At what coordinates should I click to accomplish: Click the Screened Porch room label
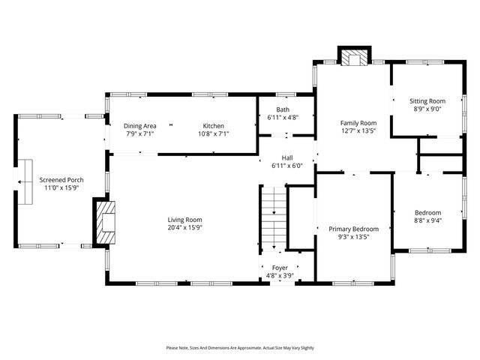pyautogui.click(x=61, y=180)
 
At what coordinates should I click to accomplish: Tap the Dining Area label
pyautogui.click(x=139, y=125)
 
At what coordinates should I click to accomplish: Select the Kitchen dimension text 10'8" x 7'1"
pyautogui.click(x=212, y=134)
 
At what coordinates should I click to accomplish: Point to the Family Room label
pyautogui.click(x=358, y=122)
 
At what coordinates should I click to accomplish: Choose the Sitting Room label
pyautogui.click(x=427, y=100)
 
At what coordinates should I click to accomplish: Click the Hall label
pyautogui.click(x=286, y=157)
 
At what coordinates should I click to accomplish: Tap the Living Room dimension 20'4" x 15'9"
pyautogui.click(x=184, y=227)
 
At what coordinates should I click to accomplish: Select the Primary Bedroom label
pyautogui.click(x=353, y=229)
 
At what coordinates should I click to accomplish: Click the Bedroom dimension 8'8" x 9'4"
pyautogui.click(x=427, y=221)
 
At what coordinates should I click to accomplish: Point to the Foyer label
pyautogui.click(x=280, y=267)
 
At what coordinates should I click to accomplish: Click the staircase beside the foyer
pyautogui.click(x=274, y=220)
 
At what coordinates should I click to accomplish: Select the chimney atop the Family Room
pyautogui.click(x=354, y=56)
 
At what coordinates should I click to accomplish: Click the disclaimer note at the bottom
pyautogui.click(x=240, y=348)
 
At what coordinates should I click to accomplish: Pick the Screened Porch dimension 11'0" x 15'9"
pyautogui.click(x=61, y=189)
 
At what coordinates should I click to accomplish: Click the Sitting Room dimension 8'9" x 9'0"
pyautogui.click(x=427, y=109)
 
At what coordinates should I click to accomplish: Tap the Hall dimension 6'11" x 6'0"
pyautogui.click(x=286, y=166)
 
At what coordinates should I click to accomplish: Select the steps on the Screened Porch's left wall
pyautogui.click(x=25, y=181)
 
